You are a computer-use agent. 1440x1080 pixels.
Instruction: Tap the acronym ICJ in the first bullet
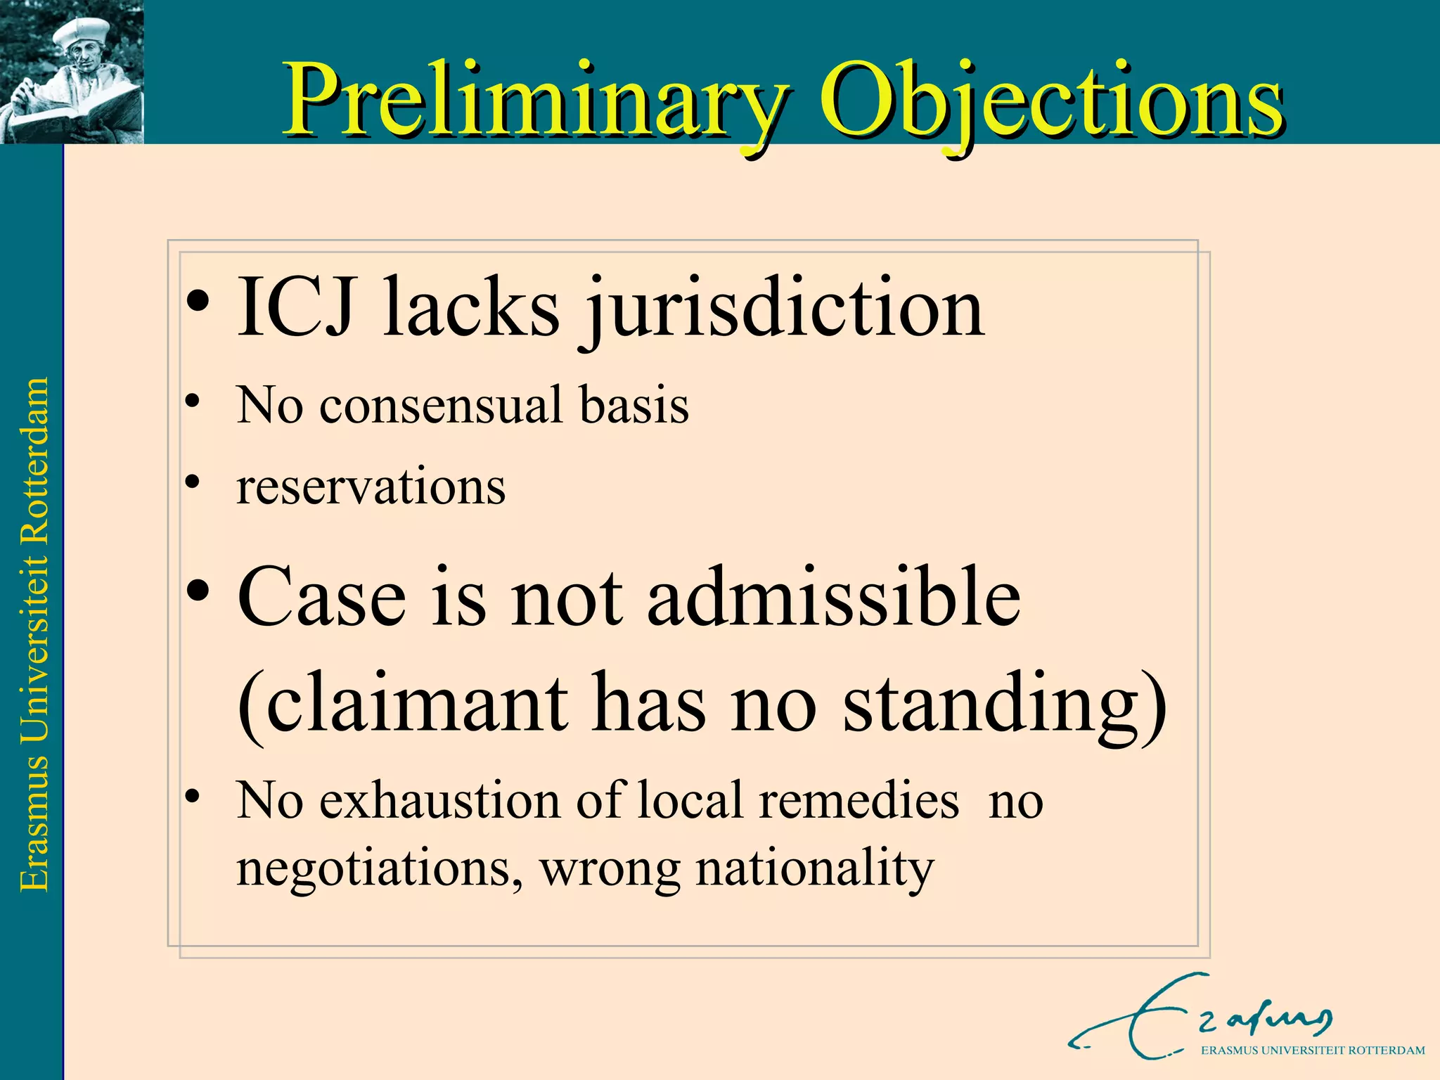(x=295, y=308)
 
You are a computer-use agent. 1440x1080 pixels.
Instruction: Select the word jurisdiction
(x=783, y=309)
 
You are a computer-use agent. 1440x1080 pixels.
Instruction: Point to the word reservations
(x=371, y=487)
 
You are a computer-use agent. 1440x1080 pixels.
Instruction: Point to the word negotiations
(x=379, y=868)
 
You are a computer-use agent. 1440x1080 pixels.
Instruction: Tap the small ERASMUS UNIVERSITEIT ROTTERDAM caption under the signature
(x=1312, y=1050)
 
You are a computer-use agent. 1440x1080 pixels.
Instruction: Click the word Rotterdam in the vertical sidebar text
(x=34, y=461)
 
